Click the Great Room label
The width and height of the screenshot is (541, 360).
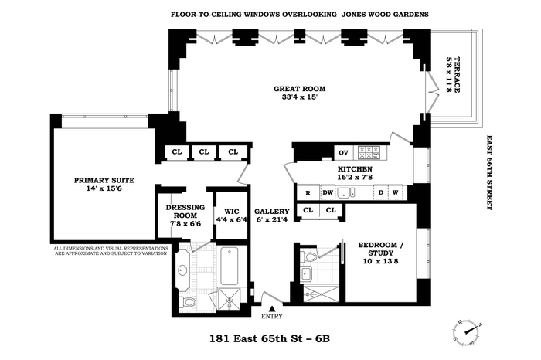(x=300, y=89)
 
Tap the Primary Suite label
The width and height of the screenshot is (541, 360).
(x=104, y=180)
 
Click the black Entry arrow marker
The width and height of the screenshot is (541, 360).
(x=272, y=308)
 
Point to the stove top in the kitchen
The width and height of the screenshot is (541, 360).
(x=369, y=152)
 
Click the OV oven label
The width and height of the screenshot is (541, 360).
(x=343, y=152)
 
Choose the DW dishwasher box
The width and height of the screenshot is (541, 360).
(x=328, y=193)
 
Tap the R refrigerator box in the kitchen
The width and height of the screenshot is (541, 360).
(x=308, y=193)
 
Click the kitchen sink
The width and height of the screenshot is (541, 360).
(x=345, y=193)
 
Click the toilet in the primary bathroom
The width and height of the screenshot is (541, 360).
(x=188, y=302)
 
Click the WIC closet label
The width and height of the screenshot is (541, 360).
(x=232, y=212)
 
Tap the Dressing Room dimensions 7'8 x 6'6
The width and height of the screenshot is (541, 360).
(x=185, y=224)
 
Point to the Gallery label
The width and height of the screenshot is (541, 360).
(x=272, y=212)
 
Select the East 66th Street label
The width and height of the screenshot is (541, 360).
(x=489, y=172)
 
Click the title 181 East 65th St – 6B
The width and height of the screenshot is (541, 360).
(x=270, y=338)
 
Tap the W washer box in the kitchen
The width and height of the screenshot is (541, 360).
(x=396, y=193)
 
